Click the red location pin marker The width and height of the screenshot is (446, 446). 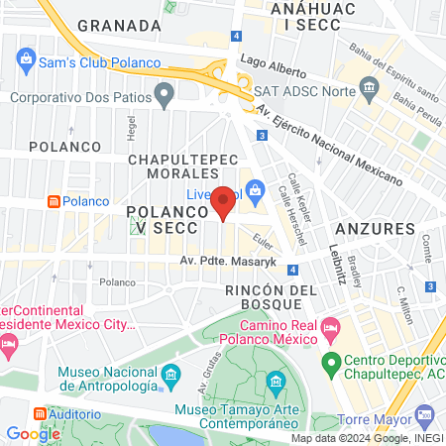224,201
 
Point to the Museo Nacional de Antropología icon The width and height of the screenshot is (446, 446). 171,375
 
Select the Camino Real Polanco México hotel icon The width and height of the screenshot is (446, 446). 331,327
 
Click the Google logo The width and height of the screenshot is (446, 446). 34,433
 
